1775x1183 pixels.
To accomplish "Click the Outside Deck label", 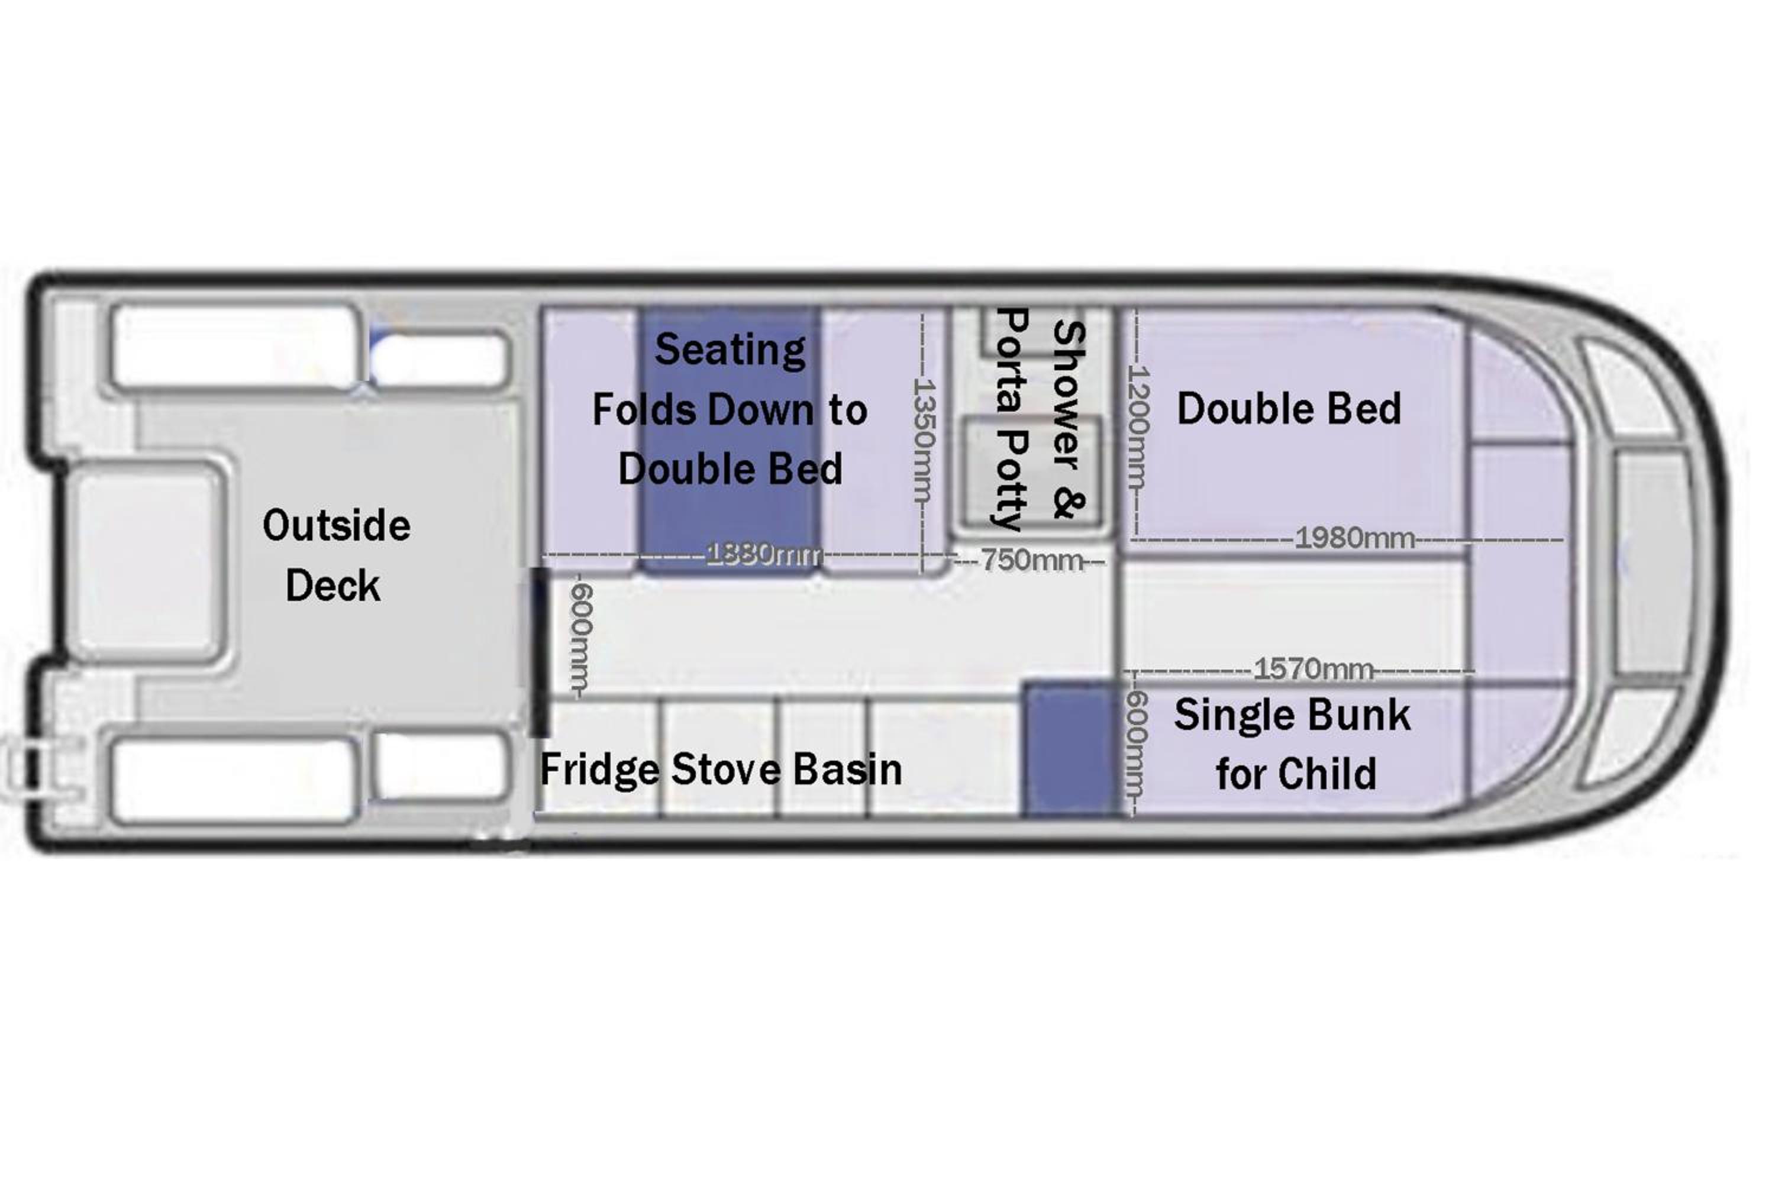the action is (x=336, y=555).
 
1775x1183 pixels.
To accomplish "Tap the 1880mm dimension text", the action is (x=764, y=555).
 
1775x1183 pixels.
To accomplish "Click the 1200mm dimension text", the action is (x=1137, y=427).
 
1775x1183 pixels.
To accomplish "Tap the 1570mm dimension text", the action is (x=1313, y=669).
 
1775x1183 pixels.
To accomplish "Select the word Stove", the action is (x=726, y=770).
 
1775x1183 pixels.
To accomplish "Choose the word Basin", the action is (x=847, y=770).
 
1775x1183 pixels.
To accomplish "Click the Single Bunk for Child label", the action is (x=1293, y=744).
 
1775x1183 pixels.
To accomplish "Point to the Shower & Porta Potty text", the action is (x=1040, y=419).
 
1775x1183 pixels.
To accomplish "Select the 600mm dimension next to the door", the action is (x=582, y=638).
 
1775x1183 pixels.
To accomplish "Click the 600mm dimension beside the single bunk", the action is (x=1137, y=744).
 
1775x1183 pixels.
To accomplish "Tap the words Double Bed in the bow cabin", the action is (x=1289, y=409).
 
